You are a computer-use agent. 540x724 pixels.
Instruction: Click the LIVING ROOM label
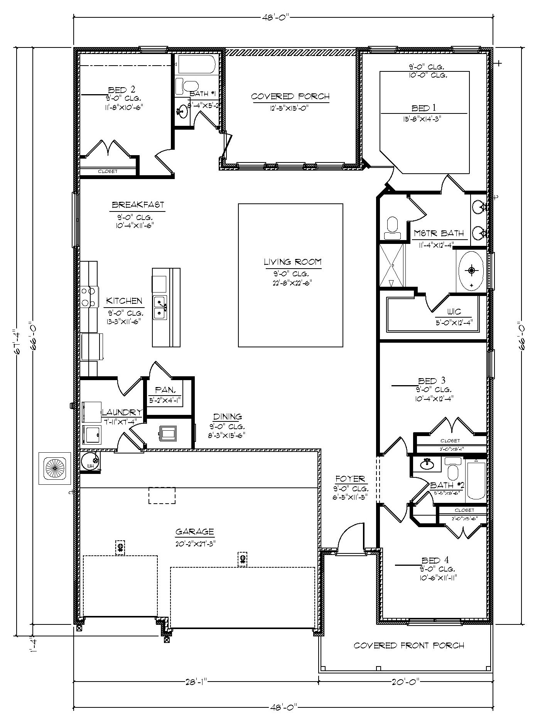click(x=292, y=262)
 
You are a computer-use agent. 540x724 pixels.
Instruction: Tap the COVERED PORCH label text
click(x=290, y=96)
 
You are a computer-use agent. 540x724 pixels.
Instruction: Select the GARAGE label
click(x=194, y=532)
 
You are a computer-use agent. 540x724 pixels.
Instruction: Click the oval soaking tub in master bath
click(x=471, y=271)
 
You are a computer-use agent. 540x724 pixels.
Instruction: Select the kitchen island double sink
click(x=160, y=307)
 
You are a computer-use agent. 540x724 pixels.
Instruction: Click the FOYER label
click(x=350, y=479)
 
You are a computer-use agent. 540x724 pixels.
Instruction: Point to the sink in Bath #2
click(x=427, y=463)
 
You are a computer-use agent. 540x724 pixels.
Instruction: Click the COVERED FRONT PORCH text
click(x=408, y=645)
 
